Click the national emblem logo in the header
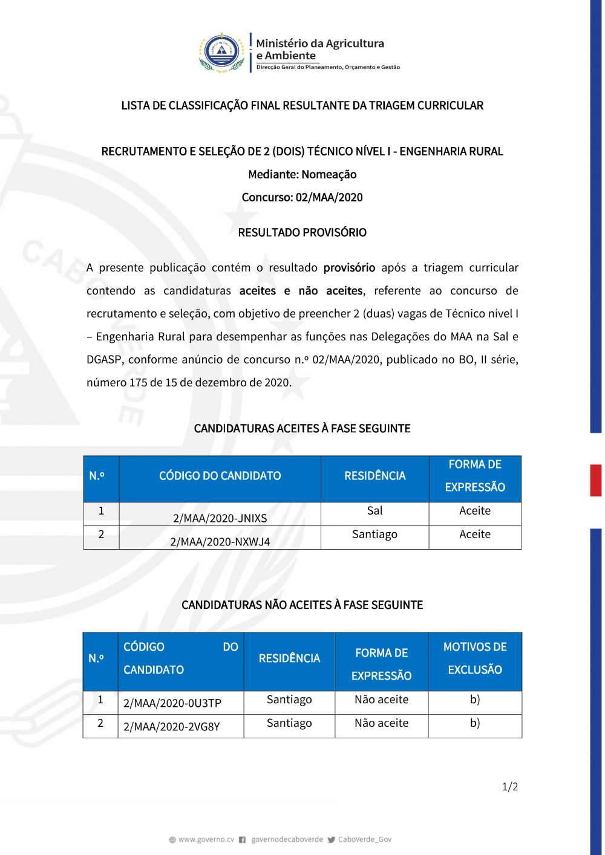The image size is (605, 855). point(222,53)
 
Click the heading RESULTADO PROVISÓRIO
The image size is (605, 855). point(302,233)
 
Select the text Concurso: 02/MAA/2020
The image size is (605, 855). point(302,198)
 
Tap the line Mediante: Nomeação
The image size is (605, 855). point(302,175)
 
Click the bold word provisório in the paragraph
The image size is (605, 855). point(349,268)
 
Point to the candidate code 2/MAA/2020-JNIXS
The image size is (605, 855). point(220,518)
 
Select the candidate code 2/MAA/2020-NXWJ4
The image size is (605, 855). point(220,542)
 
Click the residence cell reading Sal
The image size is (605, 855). point(374,511)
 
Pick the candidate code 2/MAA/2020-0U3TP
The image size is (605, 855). point(172,703)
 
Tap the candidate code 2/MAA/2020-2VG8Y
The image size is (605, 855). point(172,727)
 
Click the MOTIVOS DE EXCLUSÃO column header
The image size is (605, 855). point(475,658)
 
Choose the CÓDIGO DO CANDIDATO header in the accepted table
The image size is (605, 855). point(220,476)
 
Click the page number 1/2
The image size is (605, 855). point(509,787)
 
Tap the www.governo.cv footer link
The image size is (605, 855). point(206,839)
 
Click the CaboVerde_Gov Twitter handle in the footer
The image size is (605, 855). point(364,839)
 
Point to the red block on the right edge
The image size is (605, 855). point(596,480)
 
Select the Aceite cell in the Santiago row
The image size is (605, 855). point(475,535)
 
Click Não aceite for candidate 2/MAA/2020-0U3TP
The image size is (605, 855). point(381,700)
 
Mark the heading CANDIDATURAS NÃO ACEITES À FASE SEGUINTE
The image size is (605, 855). point(302,605)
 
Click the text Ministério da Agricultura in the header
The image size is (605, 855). point(320,44)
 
